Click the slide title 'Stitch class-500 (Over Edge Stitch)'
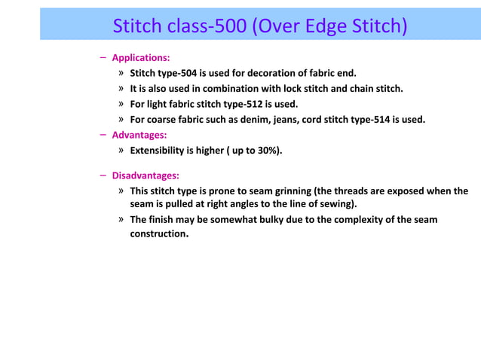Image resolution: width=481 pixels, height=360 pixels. [x=259, y=26]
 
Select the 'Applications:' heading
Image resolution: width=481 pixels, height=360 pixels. [x=140, y=57]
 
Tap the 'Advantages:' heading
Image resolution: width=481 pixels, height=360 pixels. [x=139, y=135]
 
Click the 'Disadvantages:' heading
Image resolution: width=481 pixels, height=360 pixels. [x=146, y=175]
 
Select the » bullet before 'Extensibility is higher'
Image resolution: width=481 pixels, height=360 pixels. [x=121, y=150]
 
